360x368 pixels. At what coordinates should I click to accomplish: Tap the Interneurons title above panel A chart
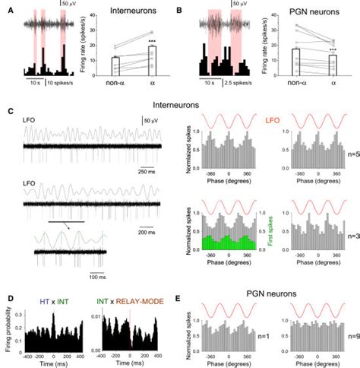tap(136, 13)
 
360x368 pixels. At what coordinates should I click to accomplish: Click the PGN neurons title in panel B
tap(313, 13)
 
